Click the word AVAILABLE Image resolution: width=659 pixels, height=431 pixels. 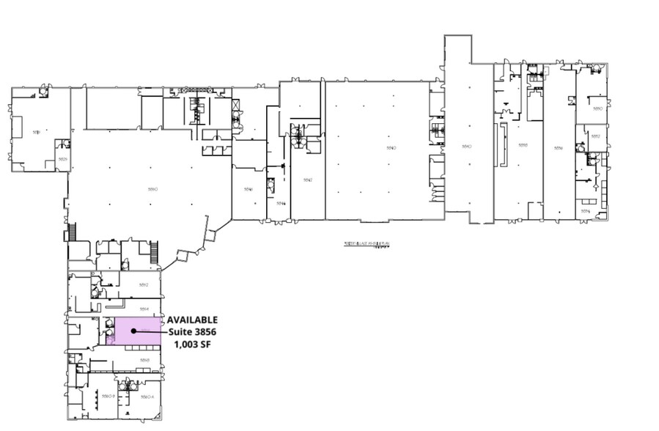pyautogui.click(x=192, y=320)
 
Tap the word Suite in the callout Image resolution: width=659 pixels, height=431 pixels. pyautogui.click(x=181, y=332)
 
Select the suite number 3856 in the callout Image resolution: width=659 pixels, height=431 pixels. pyautogui.click(x=206, y=332)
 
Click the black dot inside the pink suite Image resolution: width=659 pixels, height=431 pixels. pyautogui.click(x=133, y=331)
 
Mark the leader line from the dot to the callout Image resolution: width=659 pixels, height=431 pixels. pyautogui.click(x=150, y=331)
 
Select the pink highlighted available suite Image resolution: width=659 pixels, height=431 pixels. pyautogui.click(x=139, y=326)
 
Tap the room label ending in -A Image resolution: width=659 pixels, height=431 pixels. pyautogui.click(x=146, y=397)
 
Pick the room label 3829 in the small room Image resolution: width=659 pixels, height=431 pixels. pyautogui.click(x=63, y=159)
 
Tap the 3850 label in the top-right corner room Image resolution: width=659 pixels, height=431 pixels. pyautogui.click(x=597, y=108)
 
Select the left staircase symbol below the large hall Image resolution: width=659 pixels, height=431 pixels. pyautogui.click(x=72, y=232)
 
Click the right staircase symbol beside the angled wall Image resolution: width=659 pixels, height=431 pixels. pyautogui.click(x=154, y=254)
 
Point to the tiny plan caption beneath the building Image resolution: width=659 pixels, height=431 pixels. pyautogui.click(x=364, y=246)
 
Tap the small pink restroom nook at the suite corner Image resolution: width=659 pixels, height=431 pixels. pyautogui.click(x=111, y=338)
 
